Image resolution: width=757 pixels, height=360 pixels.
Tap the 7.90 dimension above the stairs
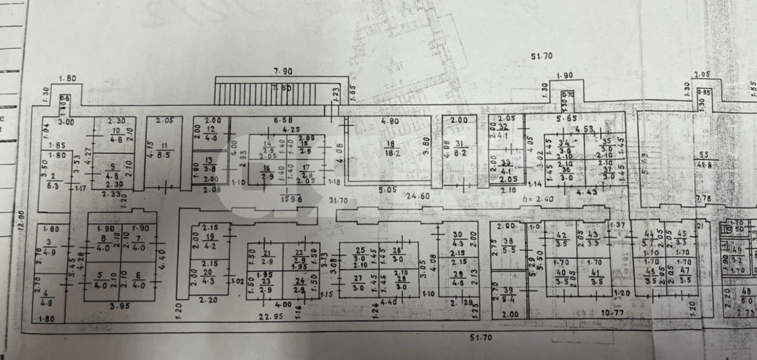pos(282,71)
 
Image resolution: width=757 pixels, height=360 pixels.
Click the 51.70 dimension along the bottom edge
pos(480,337)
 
